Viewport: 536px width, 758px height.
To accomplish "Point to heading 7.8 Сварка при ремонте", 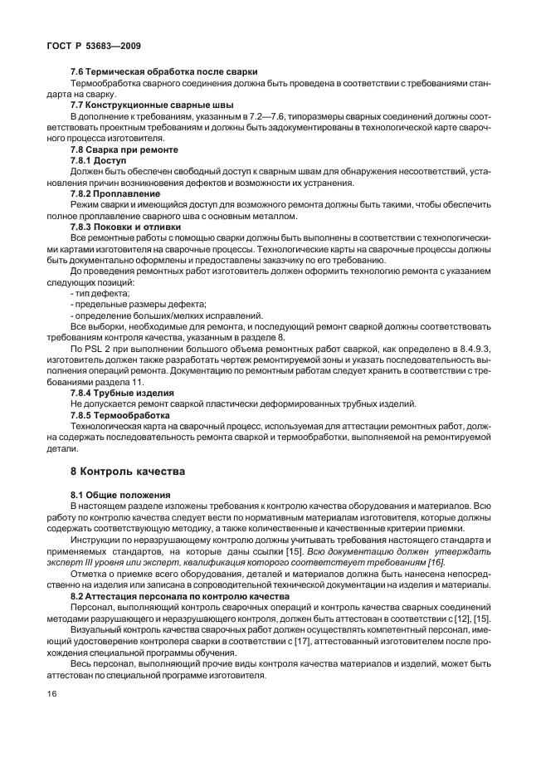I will pos(124,149).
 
